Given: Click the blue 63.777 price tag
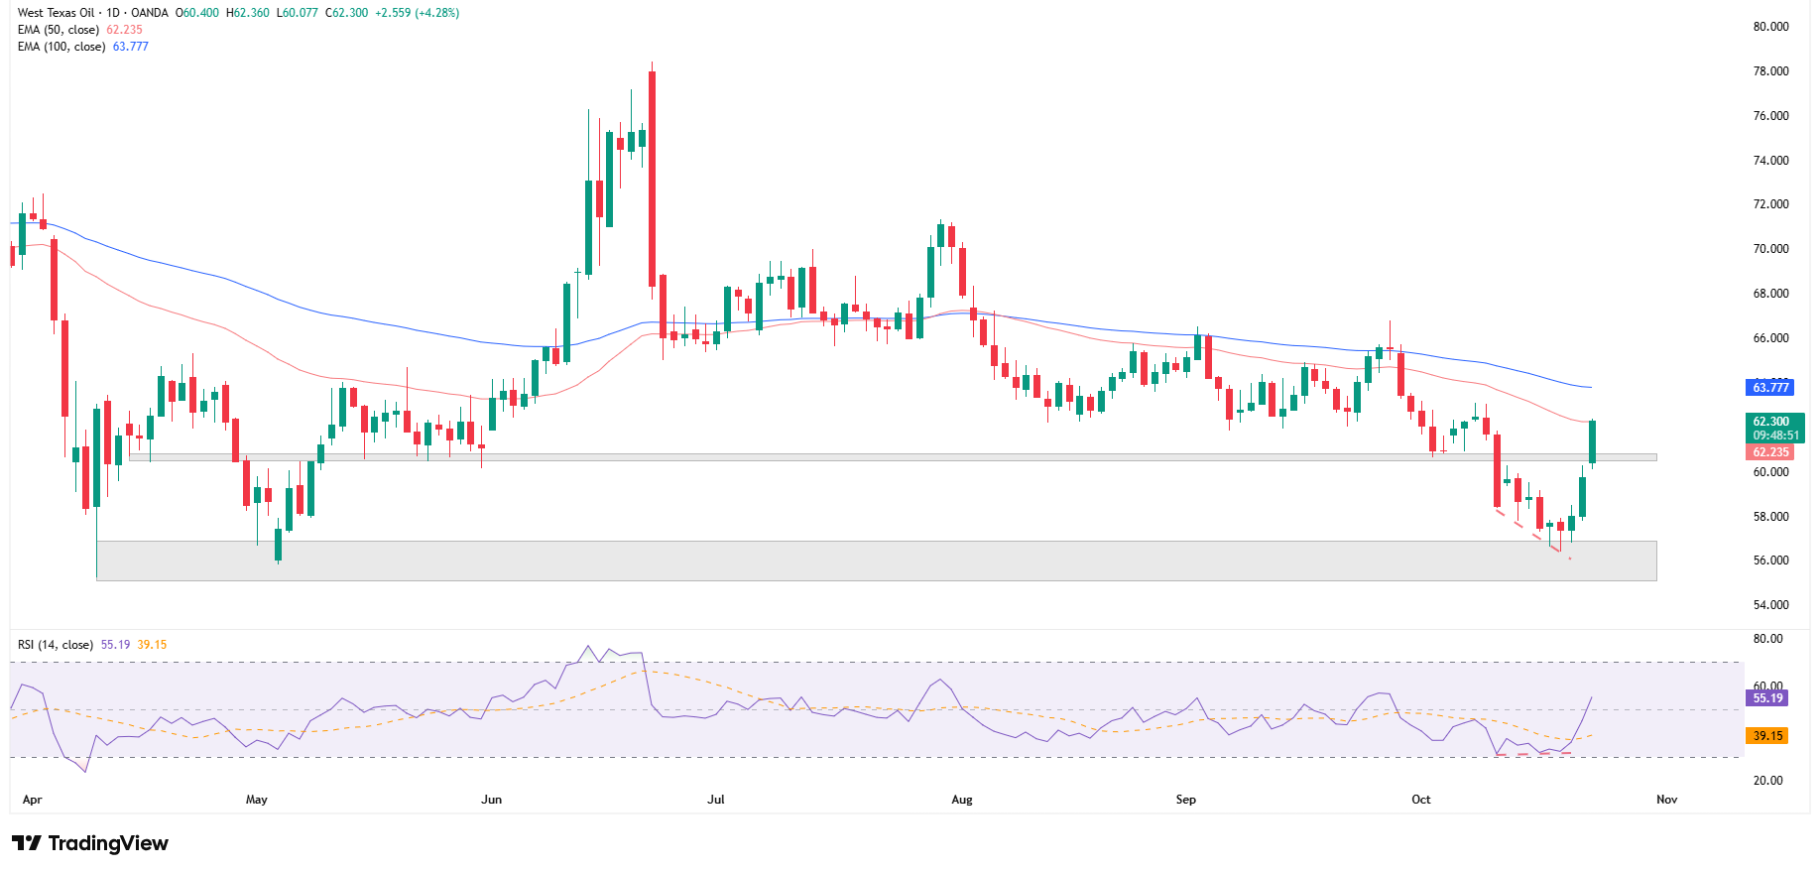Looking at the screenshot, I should (1770, 388).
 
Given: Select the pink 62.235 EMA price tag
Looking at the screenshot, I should (1770, 452).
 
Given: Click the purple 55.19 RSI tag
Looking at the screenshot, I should (1766, 698).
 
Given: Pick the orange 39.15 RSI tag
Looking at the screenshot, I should (1766, 736).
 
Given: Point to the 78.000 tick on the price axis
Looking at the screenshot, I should (1770, 71).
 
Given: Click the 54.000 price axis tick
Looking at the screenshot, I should (1770, 605).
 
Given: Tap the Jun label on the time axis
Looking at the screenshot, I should (491, 800).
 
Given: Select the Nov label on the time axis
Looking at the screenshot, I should (1666, 800).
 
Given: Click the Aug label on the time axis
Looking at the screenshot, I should (961, 800).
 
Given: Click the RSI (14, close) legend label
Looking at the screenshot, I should (56, 645).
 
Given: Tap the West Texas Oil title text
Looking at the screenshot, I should (57, 13).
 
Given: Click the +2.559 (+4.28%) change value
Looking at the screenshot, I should (417, 13).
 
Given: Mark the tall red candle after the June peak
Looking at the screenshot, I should (652, 179).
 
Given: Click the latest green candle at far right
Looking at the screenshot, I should (1592, 441).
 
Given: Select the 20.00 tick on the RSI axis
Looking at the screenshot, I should (1767, 781).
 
